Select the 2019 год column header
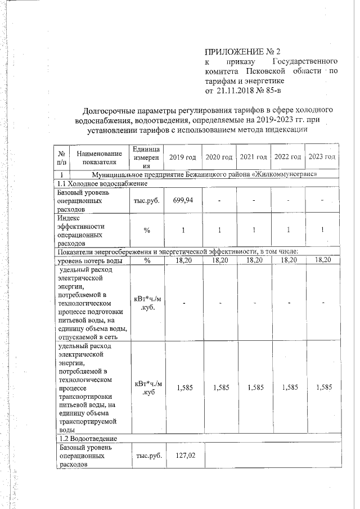pyautogui.click(x=183, y=156)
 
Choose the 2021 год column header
pyautogui.click(x=253, y=156)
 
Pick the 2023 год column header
pyautogui.click(x=322, y=156)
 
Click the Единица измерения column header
pyautogui.click(x=147, y=157)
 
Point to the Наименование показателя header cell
pyautogui.click(x=99, y=157)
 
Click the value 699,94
pyautogui.click(x=183, y=200)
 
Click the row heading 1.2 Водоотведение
pyautogui.click(x=88, y=438)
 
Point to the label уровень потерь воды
pyautogui.click(x=90, y=260)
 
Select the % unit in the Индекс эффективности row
pyautogui.click(x=147, y=230)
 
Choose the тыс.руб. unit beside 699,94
pyautogui.click(x=147, y=200)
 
